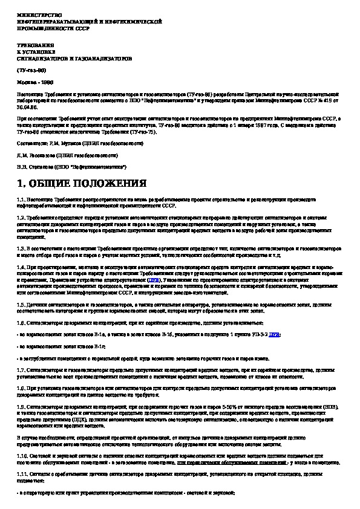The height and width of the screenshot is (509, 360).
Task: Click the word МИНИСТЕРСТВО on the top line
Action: [32, 13]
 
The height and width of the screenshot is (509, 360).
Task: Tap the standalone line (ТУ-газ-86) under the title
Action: [31, 71]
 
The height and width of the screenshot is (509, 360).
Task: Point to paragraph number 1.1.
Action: [21, 199]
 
